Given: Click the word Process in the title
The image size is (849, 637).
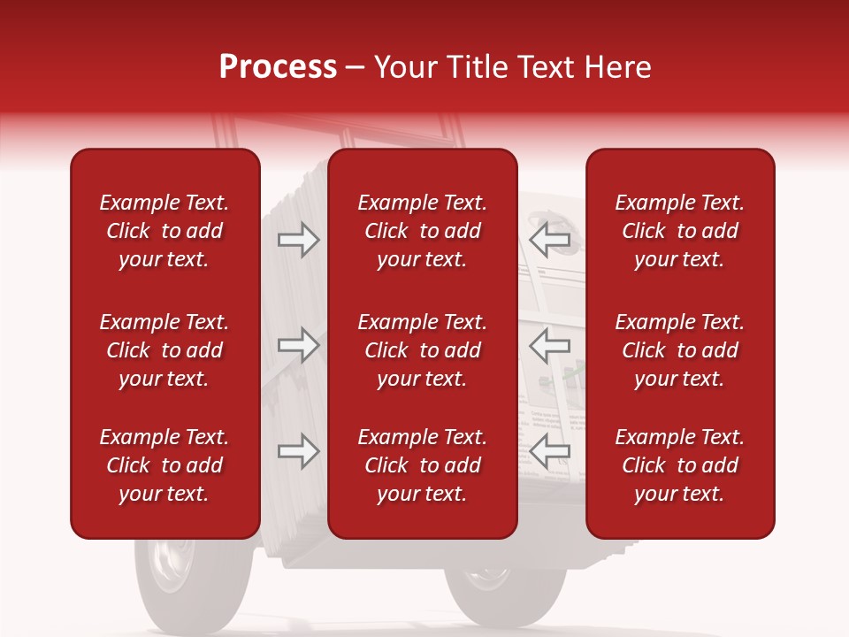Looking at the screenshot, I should (x=278, y=67).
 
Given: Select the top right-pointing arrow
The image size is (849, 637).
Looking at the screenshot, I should (x=298, y=240).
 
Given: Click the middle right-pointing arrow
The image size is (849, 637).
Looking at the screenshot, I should (x=298, y=345).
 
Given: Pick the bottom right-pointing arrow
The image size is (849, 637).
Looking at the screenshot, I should (x=298, y=451).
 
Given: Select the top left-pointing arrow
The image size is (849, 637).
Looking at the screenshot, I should (x=550, y=240).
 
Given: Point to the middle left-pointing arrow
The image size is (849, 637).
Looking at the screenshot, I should (x=550, y=345).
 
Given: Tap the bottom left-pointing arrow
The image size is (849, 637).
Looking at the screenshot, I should (x=550, y=451).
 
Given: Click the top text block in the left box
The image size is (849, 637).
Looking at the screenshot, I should (x=164, y=231).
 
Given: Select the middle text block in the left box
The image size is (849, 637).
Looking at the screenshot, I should (x=164, y=350).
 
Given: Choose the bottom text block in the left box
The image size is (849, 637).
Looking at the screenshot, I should (x=164, y=465).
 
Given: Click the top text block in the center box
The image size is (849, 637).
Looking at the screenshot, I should (x=423, y=231).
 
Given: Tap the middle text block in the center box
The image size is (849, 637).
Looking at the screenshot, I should (x=423, y=350).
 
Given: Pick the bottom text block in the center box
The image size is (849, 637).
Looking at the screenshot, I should (x=423, y=465).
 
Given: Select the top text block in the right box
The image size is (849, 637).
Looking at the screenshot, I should (x=680, y=231).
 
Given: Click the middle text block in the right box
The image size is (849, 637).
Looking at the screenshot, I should (x=680, y=350).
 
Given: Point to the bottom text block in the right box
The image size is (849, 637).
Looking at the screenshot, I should (x=680, y=465).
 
